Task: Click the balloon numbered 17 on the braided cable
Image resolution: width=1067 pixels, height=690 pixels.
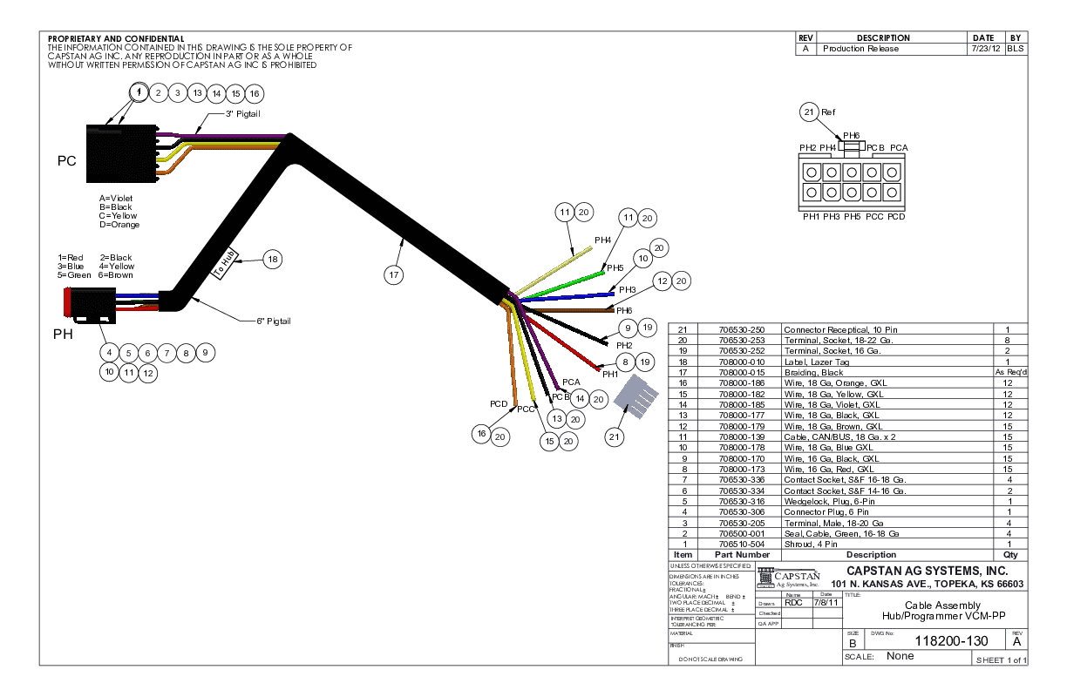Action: (394, 274)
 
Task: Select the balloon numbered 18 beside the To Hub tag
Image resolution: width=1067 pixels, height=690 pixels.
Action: (273, 259)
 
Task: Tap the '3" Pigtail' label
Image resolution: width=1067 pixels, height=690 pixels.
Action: (243, 114)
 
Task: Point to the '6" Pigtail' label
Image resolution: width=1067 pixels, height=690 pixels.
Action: (273, 321)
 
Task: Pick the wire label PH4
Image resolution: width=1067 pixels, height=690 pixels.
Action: (602, 240)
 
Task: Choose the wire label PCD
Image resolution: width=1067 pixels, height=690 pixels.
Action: (499, 403)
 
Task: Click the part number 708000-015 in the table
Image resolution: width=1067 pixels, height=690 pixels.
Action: (742, 372)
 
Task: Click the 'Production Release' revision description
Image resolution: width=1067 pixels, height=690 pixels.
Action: (860, 49)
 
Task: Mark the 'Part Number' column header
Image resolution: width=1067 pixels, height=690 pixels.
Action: (742, 554)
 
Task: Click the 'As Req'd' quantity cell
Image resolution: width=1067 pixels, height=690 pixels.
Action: (1011, 372)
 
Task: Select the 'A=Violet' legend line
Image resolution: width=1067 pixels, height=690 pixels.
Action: (116, 198)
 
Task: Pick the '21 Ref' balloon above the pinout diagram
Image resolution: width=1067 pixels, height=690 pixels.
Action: (809, 112)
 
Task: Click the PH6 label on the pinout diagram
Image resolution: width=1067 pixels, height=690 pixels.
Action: (851, 135)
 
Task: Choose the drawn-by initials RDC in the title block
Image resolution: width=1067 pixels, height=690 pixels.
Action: (793, 602)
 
